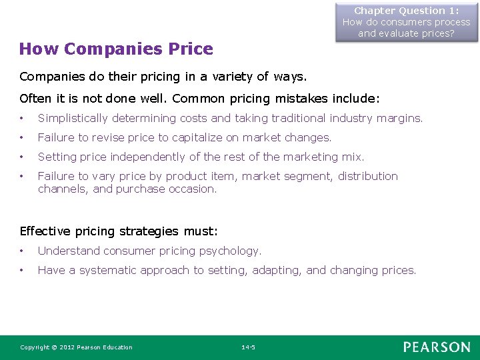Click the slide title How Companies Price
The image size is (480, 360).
coord(116,49)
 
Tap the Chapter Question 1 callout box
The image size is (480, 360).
coord(406,22)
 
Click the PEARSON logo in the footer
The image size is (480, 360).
coord(436,347)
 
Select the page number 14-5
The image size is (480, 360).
coord(248,347)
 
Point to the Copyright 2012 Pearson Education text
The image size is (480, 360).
coord(76,347)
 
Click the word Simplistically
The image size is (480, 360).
coord(73,119)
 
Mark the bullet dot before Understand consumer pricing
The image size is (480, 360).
coord(23,251)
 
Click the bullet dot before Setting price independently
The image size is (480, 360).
coord(23,157)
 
